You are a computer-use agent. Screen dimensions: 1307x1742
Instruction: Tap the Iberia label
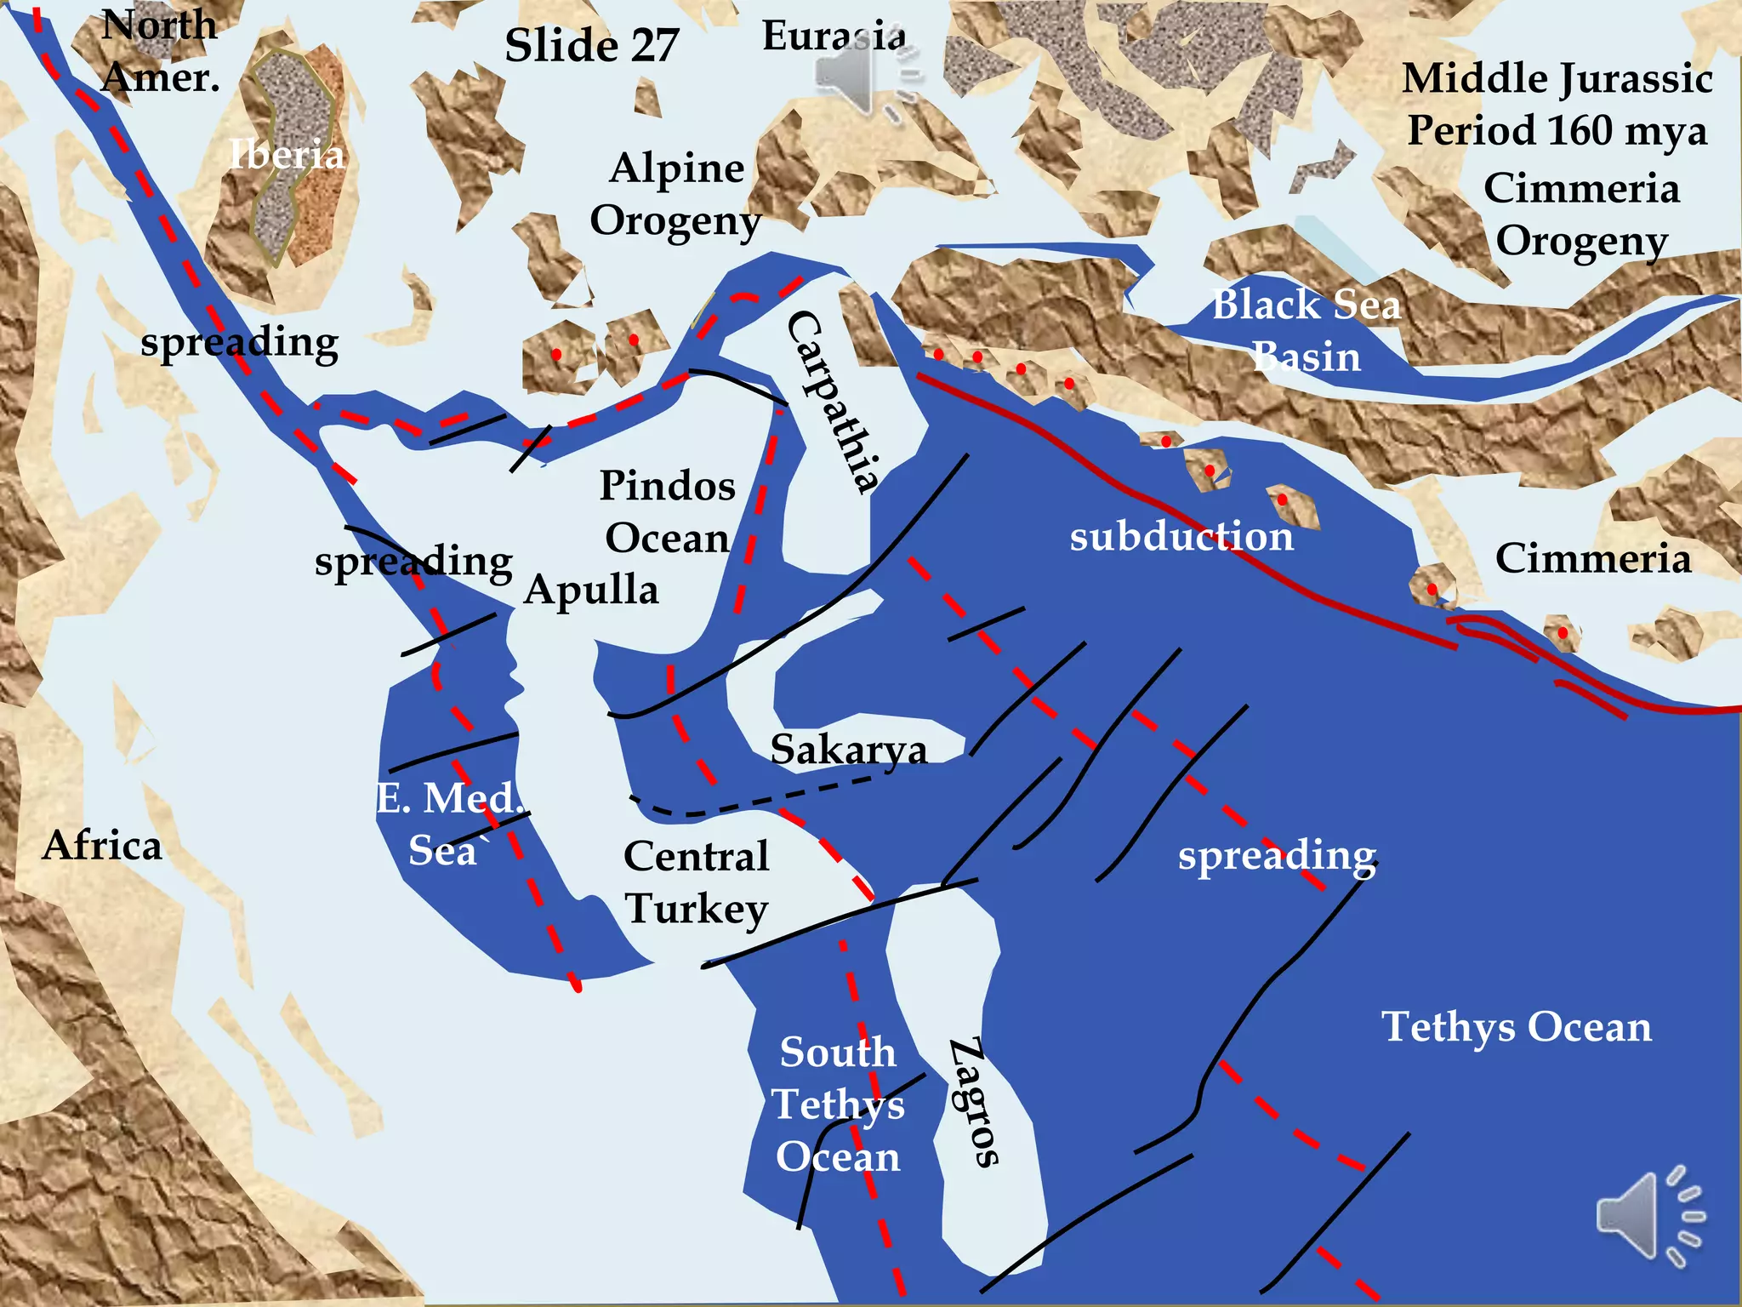tap(287, 155)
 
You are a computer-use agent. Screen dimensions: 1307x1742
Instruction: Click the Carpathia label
tap(831, 402)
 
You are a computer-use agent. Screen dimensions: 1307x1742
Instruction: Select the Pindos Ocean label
tap(668, 511)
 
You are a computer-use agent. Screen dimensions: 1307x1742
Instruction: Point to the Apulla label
tap(591, 590)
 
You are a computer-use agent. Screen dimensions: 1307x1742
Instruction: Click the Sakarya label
tap(848, 750)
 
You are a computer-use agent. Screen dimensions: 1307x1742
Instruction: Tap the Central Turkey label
tap(697, 882)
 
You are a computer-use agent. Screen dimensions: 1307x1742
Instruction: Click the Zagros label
tap(975, 1102)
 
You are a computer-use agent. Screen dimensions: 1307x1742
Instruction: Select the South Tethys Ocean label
tap(838, 1104)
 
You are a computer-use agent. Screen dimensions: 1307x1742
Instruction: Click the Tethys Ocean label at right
tap(1516, 1027)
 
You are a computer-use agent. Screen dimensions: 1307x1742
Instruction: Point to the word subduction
tap(1181, 537)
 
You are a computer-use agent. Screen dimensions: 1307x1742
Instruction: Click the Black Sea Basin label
tap(1306, 330)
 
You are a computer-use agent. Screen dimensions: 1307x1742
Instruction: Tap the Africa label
tap(102, 846)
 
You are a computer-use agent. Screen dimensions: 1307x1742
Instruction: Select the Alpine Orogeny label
tap(676, 194)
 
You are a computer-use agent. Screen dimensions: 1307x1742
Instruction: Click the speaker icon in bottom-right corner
tap(1648, 1216)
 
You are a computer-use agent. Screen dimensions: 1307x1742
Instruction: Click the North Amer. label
tap(160, 51)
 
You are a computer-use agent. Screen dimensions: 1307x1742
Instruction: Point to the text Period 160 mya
tap(1557, 131)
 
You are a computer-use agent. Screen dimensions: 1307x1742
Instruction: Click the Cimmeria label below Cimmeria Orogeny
tap(1592, 559)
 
